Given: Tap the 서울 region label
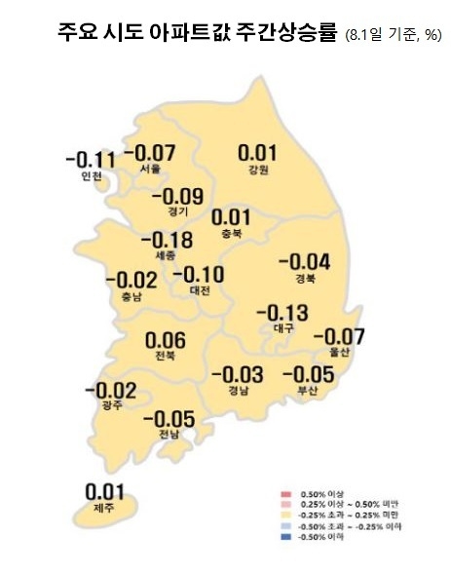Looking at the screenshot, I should (150, 169).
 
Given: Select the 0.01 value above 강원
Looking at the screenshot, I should (258, 153).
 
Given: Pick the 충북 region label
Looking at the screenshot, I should (231, 234).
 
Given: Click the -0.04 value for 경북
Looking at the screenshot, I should (304, 262).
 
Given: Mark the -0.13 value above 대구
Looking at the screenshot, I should (282, 313).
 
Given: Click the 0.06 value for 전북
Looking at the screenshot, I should (165, 340).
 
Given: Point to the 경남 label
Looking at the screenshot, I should (238, 392).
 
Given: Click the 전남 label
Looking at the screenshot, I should (169, 435).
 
